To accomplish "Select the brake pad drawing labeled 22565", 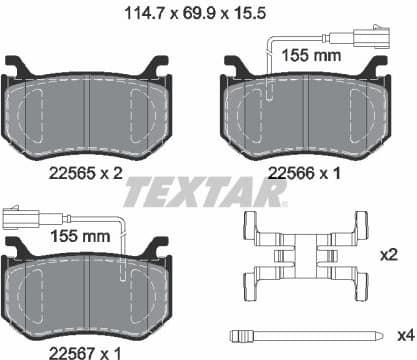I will click(88, 110).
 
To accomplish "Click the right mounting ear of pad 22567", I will click(155, 244).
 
